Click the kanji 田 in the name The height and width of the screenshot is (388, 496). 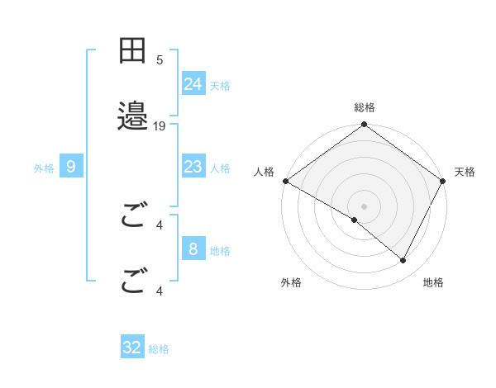coord(132,51)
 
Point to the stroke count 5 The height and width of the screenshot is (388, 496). coord(160,59)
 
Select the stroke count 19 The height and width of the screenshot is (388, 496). coord(160,125)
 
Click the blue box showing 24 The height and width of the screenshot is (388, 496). coord(193,84)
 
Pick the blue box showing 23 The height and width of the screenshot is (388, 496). coord(193,167)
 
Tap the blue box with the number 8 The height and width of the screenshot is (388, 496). coord(193,249)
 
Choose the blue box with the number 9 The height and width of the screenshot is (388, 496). coord(71,167)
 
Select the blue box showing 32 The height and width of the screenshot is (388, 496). coord(132,348)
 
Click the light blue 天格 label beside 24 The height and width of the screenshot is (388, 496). coord(220,86)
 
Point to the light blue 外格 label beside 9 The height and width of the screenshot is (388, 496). coord(44,168)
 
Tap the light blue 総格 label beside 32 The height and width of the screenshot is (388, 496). coord(159,349)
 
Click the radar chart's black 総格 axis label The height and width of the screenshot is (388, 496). coord(365,107)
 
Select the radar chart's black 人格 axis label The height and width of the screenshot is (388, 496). coord(265,172)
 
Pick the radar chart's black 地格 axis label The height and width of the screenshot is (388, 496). coord(433,282)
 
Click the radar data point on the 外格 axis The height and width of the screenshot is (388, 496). coord(355,220)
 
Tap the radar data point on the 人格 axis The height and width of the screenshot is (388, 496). coord(285,181)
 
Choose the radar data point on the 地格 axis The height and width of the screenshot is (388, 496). coord(403,261)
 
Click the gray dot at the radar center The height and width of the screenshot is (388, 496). coord(365,206)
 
